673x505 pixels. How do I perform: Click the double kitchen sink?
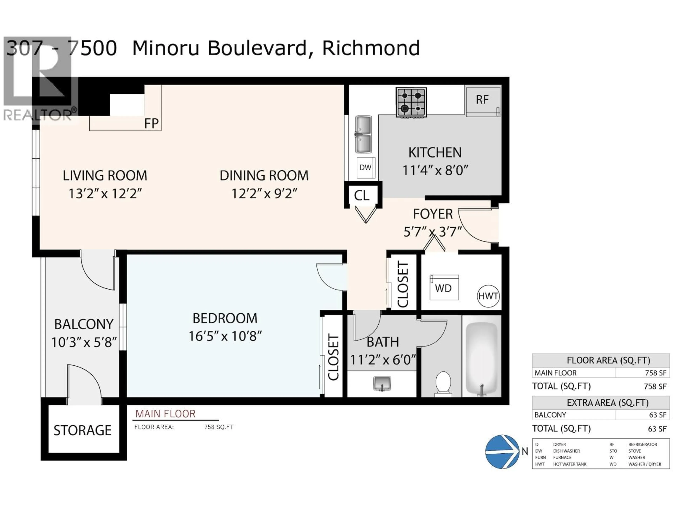click(x=363, y=134)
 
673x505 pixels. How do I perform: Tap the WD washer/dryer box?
click(x=444, y=288)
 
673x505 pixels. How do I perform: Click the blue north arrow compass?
click(x=502, y=451)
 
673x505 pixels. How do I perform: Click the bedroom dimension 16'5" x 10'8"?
click(x=225, y=336)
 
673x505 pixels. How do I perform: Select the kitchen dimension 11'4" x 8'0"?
click(x=435, y=170)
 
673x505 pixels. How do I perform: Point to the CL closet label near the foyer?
click(x=361, y=196)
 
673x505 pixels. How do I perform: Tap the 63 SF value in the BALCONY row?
click(x=657, y=415)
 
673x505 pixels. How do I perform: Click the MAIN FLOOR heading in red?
click(x=165, y=414)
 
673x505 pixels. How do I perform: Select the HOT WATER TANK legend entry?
click(x=570, y=464)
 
